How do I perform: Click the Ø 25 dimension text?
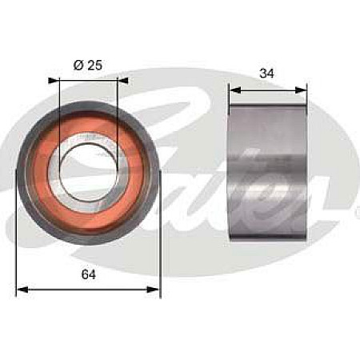[88, 64]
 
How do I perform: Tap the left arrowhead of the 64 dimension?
[21, 290]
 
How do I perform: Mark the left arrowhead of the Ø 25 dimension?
[53, 79]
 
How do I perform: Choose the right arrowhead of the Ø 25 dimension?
[123, 79]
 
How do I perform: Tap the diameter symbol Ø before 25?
[78, 64]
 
